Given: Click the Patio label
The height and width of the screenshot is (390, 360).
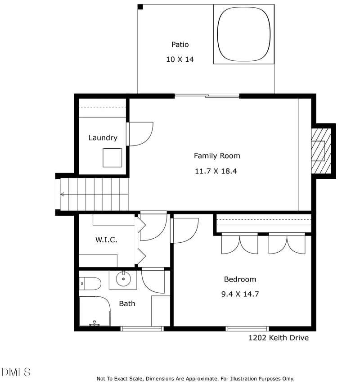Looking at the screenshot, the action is (180, 45).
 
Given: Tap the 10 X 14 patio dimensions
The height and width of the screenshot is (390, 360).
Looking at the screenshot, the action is (180, 59).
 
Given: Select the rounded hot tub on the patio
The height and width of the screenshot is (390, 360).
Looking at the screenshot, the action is (243, 34).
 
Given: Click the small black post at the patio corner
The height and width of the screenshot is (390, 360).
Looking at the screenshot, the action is (140, 7).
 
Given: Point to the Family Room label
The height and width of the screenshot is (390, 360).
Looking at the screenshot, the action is (217, 156).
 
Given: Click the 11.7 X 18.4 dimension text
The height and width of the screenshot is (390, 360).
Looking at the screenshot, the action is (216, 171).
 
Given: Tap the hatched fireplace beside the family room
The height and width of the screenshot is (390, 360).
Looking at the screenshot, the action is (321, 151).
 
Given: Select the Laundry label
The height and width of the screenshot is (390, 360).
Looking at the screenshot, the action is (103, 138).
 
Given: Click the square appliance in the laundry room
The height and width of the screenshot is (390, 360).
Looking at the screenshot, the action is (112, 158).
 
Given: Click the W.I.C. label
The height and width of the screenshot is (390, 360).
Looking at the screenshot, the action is (106, 240).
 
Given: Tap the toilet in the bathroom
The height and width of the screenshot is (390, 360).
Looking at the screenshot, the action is (90, 283).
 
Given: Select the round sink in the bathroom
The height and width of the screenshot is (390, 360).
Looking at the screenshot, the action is (123, 279).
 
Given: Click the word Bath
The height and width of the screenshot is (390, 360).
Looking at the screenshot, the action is (127, 304).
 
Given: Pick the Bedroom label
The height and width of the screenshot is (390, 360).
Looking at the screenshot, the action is (240, 279).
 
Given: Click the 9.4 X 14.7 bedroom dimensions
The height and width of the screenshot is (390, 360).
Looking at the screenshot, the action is (240, 294).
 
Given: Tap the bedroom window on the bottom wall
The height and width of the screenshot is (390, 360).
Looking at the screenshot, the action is (247, 329).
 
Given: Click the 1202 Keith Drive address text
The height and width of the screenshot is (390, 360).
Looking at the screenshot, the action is (279, 338).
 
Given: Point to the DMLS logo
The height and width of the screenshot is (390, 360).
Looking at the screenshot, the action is (16, 372).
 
